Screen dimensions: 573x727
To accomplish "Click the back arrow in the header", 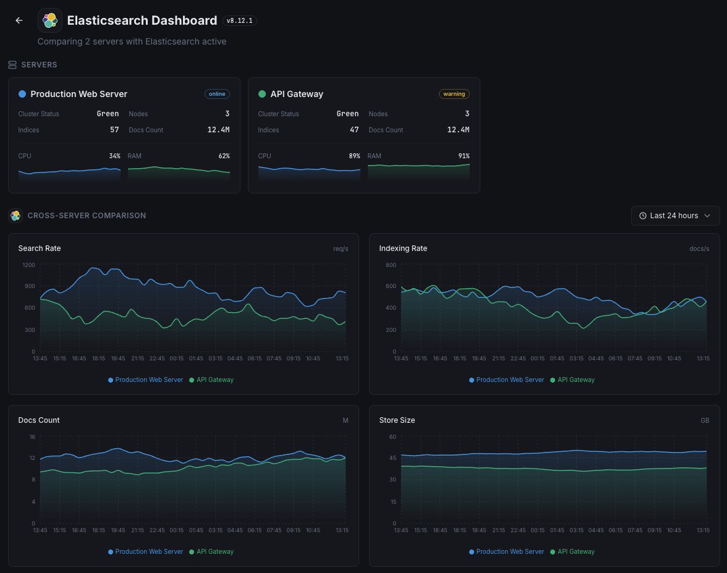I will point(19,20).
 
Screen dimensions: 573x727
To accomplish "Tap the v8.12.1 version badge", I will point(239,20).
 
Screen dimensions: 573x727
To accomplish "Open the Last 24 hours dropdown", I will point(675,216).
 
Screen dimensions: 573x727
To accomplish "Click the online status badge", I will point(217,94).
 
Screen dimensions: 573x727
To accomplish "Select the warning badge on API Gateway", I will point(454,94).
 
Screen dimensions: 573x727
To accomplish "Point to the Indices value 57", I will point(114,130).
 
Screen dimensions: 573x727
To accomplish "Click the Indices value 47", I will point(354,130).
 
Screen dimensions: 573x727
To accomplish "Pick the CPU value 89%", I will point(354,156).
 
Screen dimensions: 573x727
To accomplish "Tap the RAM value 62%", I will point(224,156).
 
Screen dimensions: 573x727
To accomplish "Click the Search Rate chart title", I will point(40,248).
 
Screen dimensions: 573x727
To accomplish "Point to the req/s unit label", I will point(341,248).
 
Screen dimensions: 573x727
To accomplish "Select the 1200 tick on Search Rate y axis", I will point(29,265).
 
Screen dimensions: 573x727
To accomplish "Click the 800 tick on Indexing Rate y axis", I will point(390,265).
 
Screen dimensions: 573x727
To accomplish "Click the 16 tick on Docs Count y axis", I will point(32,436).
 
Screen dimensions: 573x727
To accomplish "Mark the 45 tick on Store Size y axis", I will point(392,458).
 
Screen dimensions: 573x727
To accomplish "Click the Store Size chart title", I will point(397,420).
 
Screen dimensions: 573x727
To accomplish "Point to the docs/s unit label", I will point(699,248).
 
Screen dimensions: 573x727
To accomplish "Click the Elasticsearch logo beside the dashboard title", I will point(50,20).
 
